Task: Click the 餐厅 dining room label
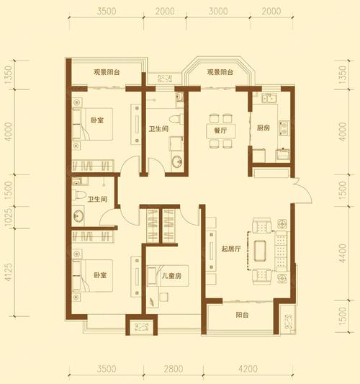tap(220, 130)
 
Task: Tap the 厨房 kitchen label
tap(264, 128)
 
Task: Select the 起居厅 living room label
tap(231, 249)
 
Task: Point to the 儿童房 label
tap(171, 276)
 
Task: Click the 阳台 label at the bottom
tap(243, 315)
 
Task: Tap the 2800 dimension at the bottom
tap(174, 369)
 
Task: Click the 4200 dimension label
tap(248, 369)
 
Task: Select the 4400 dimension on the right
tap(343, 253)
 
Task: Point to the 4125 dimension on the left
tap(9, 272)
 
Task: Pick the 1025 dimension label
tap(9, 217)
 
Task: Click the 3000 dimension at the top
tap(218, 12)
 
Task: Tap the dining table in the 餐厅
tap(221, 131)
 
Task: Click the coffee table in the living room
tap(260, 251)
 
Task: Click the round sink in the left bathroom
tap(78, 216)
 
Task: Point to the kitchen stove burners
tap(284, 128)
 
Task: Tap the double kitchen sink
tap(269, 98)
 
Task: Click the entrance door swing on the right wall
tap(303, 189)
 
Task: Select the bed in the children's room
tap(168, 276)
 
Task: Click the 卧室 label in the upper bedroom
tap(97, 120)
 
